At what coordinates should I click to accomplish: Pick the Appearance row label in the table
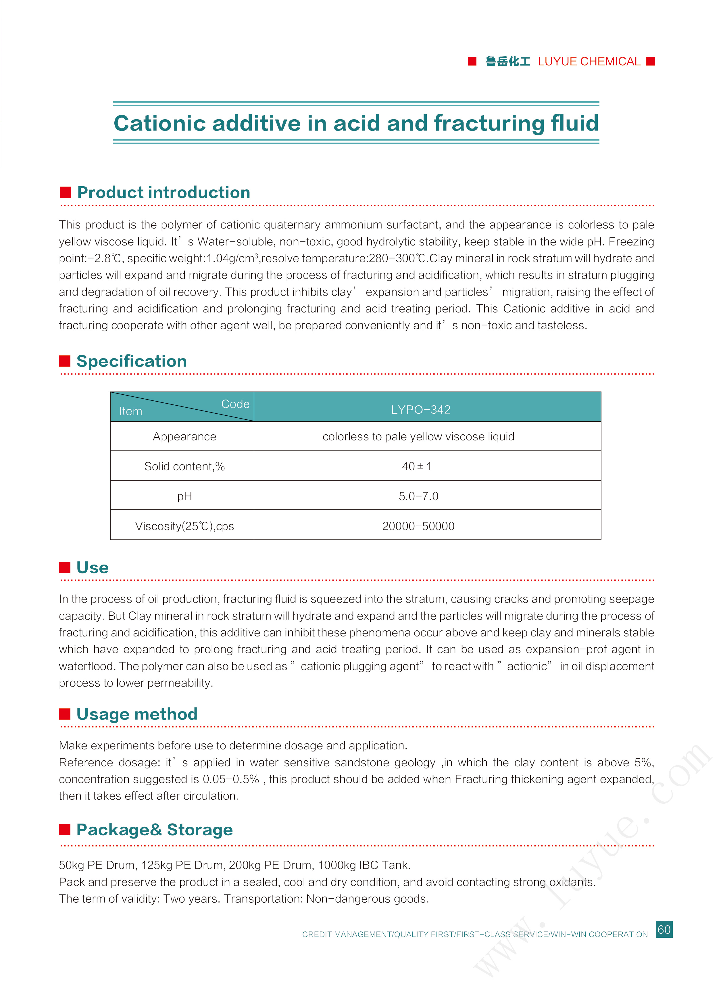click(184, 436)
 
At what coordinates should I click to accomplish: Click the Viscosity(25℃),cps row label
click(184, 526)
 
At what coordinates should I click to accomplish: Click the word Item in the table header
click(130, 411)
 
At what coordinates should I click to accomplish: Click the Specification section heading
click(131, 361)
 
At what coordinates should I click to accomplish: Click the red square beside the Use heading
click(65, 567)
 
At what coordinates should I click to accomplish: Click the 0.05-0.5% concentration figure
click(231, 779)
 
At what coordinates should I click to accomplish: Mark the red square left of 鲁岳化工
click(472, 61)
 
